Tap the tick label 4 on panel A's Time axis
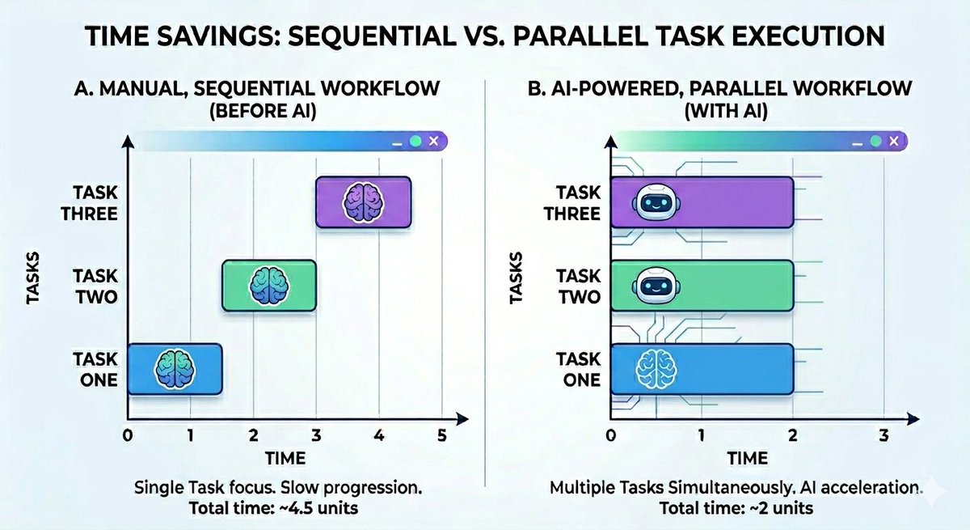(x=379, y=435)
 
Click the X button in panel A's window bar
(x=434, y=141)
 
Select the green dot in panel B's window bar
(x=874, y=141)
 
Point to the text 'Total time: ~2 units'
(x=736, y=510)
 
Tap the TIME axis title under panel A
(x=285, y=459)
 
